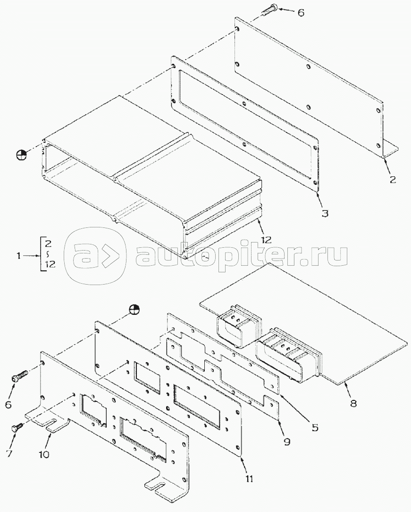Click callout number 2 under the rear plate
tap(393, 180)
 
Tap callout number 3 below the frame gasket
tap(325, 213)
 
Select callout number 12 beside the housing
tap(266, 240)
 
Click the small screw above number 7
tap(17, 427)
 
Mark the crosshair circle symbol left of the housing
tap(21, 155)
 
